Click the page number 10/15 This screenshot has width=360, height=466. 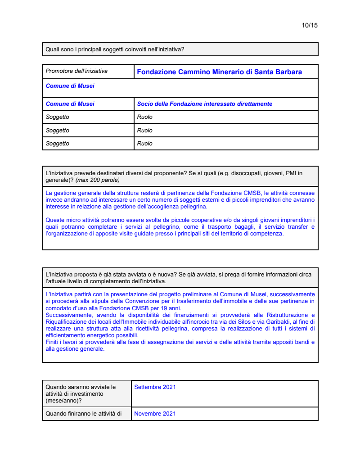pyautogui.click(x=310, y=25)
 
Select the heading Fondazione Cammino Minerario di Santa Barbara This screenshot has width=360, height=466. pyautogui.click(x=219, y=72)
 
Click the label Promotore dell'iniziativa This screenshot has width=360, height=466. pyautogui.click(x=76, y=71)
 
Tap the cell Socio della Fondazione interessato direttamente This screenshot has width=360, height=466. pyautogui.click(x=204, y=104)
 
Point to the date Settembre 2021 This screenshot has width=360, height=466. pyautogui.click(x=155, y=387)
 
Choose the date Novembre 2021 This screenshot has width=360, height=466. pyautogui.click(x=155, y=414)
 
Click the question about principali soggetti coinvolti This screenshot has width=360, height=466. pyautogui.click(x=115, y=50)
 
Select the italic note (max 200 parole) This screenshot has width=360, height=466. pyautogui.click(x=98, y=180)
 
